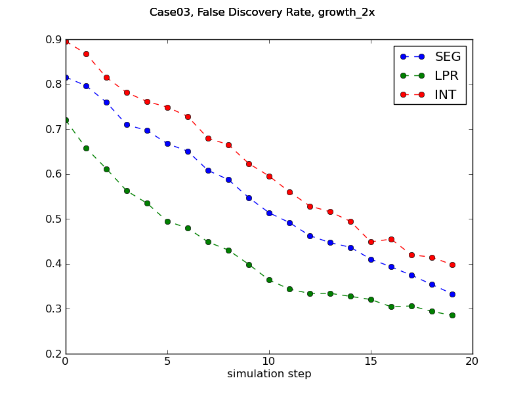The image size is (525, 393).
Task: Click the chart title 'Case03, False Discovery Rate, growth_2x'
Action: [x=262, y=12]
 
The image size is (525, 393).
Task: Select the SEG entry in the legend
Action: [x=448, y=56]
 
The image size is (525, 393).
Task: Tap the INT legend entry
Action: [x=446, y=95]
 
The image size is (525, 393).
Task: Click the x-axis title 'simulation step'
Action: [x=269, y=374]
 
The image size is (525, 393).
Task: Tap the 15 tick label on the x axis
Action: [x=371, y=361]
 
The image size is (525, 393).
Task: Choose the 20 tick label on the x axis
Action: [x=472, y=361]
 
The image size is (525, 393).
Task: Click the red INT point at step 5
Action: [x=167, y=107]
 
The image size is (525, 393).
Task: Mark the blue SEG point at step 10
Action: [x=269, y=213]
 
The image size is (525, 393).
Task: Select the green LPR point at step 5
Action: [x=167, y=221]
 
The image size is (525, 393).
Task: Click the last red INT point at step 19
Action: [x=452, y=265]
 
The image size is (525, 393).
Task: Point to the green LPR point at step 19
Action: [x=452, y=315]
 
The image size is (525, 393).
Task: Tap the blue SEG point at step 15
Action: [x=371, y=259]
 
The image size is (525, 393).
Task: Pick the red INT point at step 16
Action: [x=391, y=239]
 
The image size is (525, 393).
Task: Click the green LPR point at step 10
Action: [x=269, y=280]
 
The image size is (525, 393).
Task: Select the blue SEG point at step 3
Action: [x=127, y=124]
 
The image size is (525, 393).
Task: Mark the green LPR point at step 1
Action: [x=86, y=148]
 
